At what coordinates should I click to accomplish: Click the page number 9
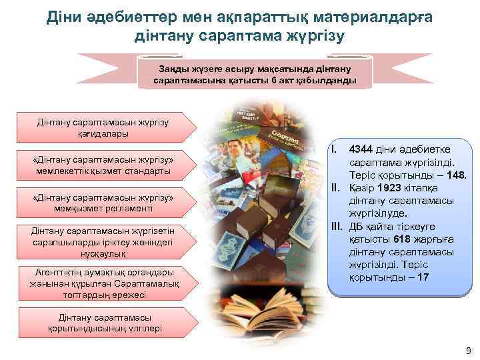[x=468, y=351]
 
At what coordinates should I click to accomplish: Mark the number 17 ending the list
[x=422, y=277]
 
